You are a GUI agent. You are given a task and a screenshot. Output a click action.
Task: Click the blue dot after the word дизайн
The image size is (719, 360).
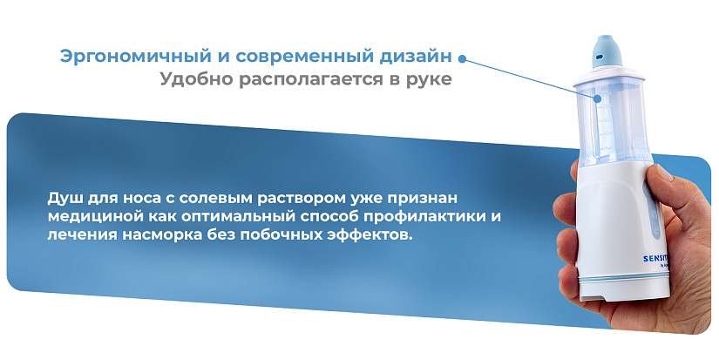tap(462, 58)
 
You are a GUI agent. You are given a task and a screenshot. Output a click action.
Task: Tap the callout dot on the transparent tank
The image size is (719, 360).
tap(598, 98)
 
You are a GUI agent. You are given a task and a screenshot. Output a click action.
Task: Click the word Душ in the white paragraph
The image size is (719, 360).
tap(64, 199)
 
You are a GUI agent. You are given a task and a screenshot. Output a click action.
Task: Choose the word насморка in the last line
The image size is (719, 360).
tap(160, 234)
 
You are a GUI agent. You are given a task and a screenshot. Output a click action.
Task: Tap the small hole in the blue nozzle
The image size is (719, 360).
tap(599, 56)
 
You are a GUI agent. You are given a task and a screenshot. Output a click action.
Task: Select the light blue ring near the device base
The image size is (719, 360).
tap(624, 278)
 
